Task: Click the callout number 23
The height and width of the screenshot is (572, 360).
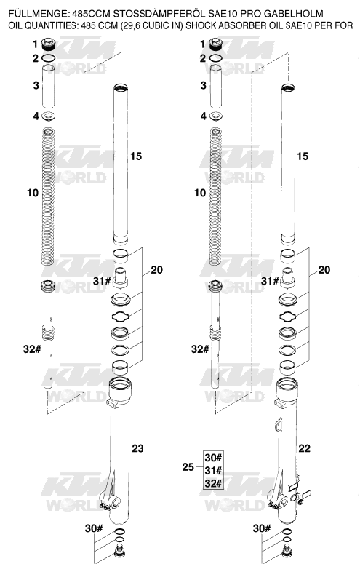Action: point(137,448)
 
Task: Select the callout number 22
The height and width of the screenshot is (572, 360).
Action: point(304,448)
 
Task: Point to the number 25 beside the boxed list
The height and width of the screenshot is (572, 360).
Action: point(188,467)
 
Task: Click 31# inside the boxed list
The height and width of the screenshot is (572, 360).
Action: point(213,471)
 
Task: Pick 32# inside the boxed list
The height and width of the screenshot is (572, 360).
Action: point(213,483)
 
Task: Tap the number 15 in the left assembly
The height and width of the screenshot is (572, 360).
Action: point(136,156)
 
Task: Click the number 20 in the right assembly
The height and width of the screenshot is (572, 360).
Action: point(324,270)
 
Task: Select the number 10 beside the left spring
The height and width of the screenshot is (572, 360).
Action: point(33,193)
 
